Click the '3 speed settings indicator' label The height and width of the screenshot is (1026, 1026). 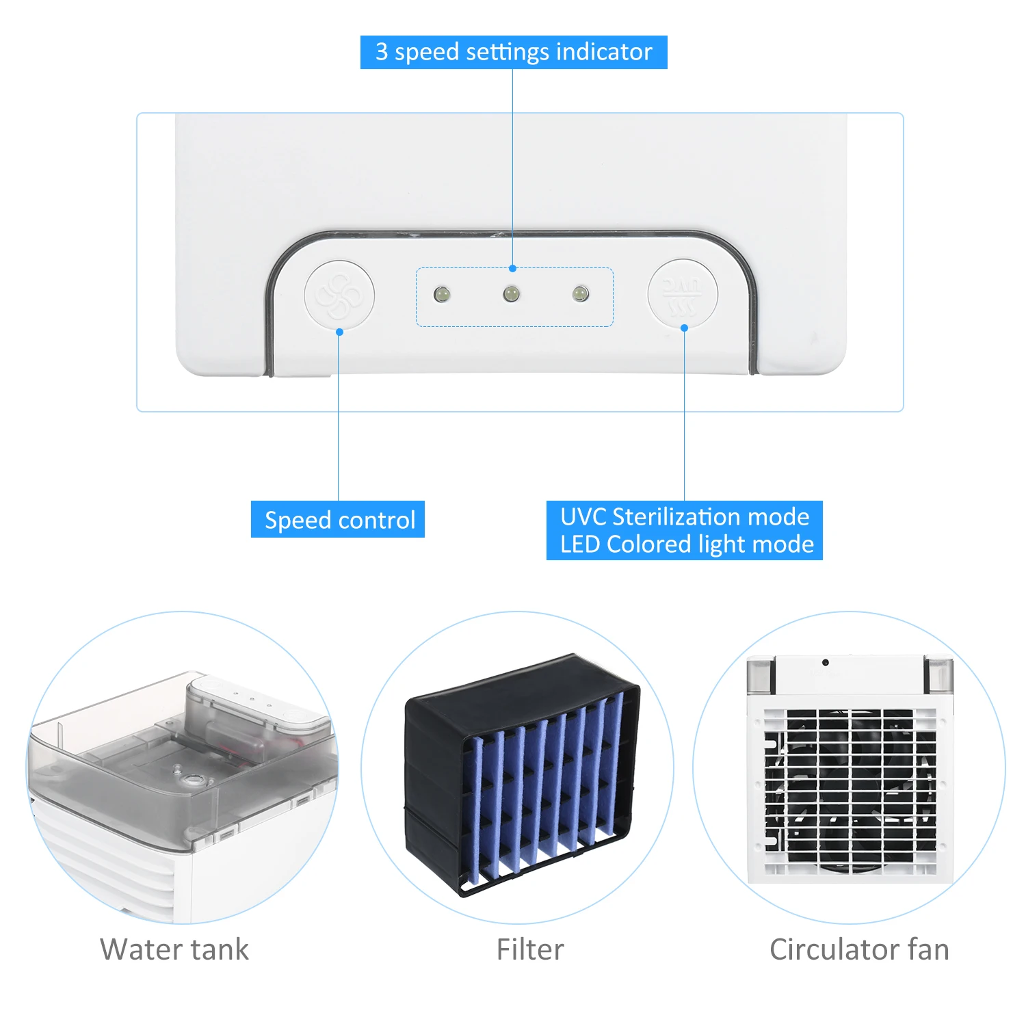pyautogui.click(x=513, y=52)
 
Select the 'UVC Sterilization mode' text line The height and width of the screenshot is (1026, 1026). pyautogui.click(x=684, y=516)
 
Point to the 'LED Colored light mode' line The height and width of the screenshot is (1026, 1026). pyautogui.click(x=687, y=544)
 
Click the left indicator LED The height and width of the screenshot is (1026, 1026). pyautogui.click(x=442, y=295)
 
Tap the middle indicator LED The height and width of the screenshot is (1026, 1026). pyautogui.click(x=511, y=294)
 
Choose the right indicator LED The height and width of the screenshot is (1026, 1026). pyautogui.click(x=580, y=294)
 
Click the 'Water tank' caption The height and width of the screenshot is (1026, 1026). pyautogui.click(x=174, y=949)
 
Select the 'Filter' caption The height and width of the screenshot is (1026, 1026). pyautogui.click(x=530, y=949)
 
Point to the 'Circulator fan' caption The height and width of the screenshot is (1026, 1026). pyautogui.click(x=859, y=949)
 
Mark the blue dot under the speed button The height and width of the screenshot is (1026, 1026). pyautogui.click(x=339, y=332)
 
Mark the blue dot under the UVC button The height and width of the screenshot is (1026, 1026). pyautogui.click(x=684, y=328)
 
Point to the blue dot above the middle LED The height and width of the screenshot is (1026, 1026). pyautogui.click(x=512, y=269)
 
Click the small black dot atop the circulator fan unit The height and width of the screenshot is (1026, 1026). pyautogui.click(x=826, y=662)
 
